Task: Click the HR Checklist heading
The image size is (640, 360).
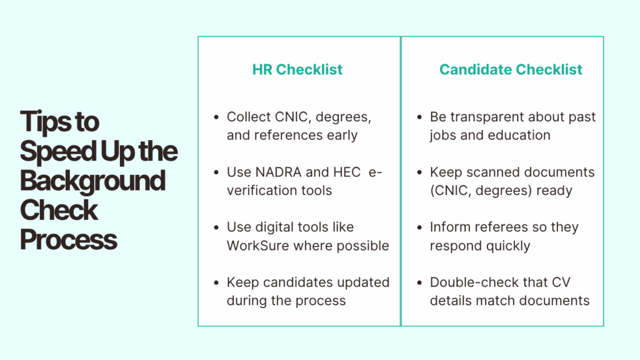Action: click(x=297, y=69)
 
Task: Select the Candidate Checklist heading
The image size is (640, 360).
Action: click(x=511, y=69)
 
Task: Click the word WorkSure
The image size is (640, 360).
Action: click(x=256, y=246)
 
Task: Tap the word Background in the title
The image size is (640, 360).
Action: click(x=92, y=181)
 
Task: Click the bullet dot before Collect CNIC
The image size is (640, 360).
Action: click(x=216, y=117)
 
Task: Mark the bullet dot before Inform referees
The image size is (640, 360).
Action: click(x=419, y=227)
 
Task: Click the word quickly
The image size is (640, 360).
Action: click(x=505, y=246)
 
